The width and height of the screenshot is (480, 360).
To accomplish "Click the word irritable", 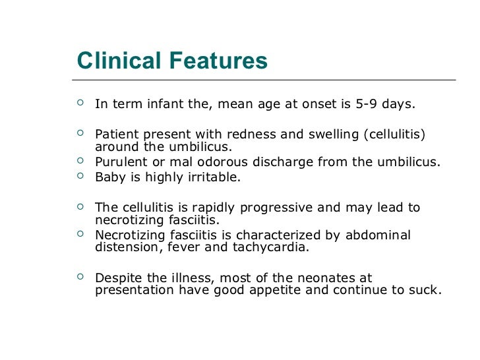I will click(212, 177).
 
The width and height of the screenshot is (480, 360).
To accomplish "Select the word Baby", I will click(109, 177).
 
